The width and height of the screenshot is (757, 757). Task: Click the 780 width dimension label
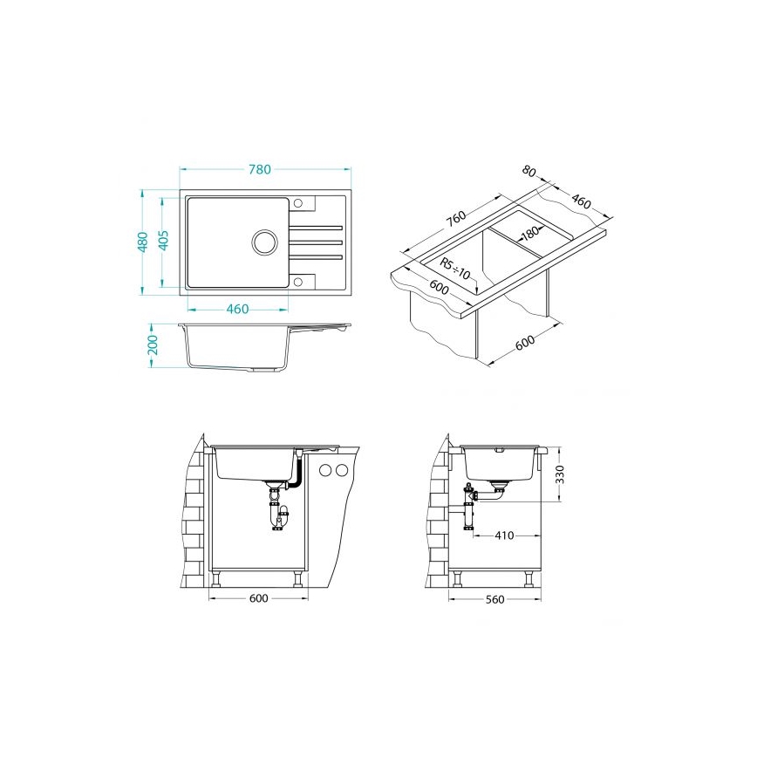click(260, 169)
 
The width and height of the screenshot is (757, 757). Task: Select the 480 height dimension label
click(143, 242)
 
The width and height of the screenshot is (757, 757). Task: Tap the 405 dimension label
click(164, 240)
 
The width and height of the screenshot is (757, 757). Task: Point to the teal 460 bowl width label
click(237, 309)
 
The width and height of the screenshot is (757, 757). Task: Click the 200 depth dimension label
click(153, 344)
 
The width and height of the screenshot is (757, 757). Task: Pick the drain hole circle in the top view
click(264, 241)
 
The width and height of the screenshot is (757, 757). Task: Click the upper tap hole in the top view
click(298, 202)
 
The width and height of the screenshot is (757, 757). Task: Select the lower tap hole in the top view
click(298, 281)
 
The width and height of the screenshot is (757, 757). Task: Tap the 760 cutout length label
click(456, 218)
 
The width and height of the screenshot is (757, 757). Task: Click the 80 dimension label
click(529, 171)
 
